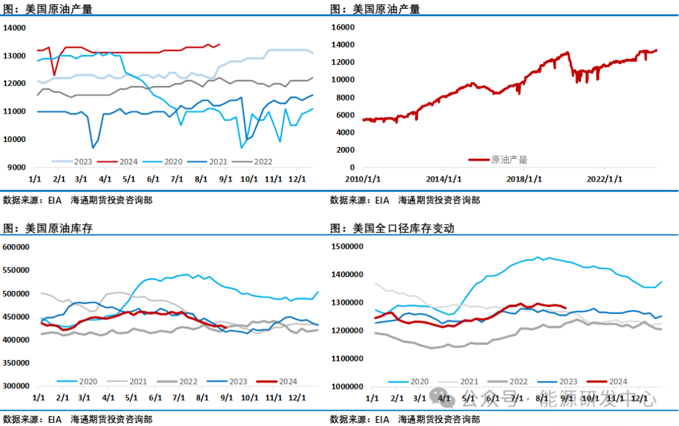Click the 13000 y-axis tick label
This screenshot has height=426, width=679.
(14, 56)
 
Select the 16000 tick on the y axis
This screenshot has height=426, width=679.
(343, 28)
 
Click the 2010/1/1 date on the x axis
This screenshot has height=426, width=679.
(363, 178)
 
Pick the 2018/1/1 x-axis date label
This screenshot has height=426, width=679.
(524, 178)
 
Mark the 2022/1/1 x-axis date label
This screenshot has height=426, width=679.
(605, 178)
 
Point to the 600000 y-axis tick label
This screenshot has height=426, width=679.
(16, 247)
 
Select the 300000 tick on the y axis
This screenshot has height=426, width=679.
(16, 386)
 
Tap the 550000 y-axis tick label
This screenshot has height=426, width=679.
(16, 270)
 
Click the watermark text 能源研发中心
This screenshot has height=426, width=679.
(597, 398)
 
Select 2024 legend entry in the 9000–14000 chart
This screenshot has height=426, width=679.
(128, 161)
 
